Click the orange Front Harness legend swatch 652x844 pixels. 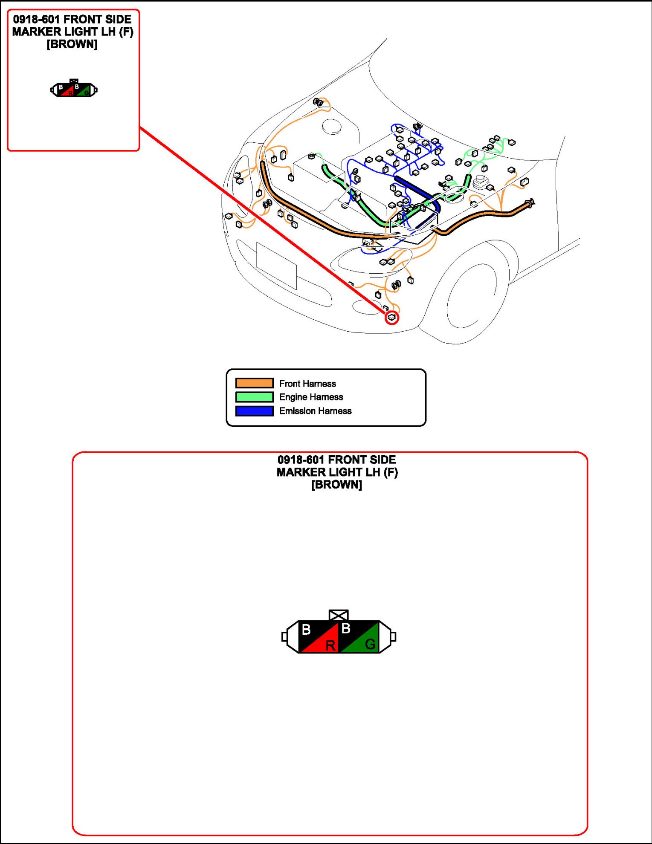point(254,383)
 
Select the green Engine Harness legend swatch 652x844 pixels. point(254,397)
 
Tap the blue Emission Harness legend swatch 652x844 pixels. point(254,411)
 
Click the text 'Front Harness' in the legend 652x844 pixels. point(307,384)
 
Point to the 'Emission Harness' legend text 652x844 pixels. point(315,411)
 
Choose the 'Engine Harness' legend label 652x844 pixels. point(311,397)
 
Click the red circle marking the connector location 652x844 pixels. point(392,318)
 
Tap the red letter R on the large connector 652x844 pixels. point(330,645)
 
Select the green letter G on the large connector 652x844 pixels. point(370,644)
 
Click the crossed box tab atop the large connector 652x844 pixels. point(339,615)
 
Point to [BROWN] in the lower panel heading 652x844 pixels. point(336,485)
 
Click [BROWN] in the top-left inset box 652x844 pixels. point(72,44)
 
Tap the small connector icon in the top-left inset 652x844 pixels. point(74,89)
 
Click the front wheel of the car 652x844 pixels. point(471,296)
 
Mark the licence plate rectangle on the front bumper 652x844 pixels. point(276,265)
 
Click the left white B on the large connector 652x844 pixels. point(306,630)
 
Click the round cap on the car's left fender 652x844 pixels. point(331,126)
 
